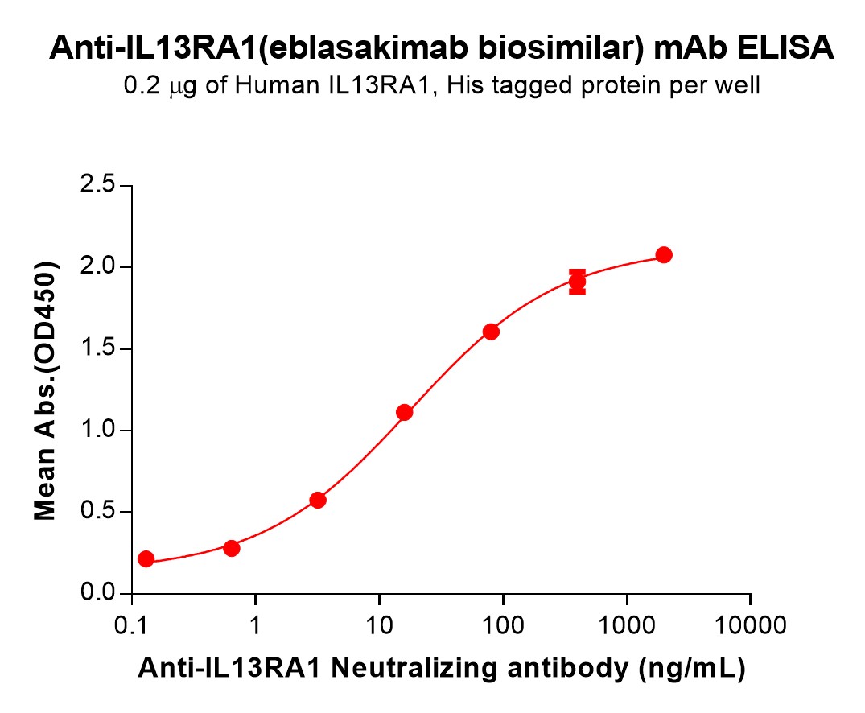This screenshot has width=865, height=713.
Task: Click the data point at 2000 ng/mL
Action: (664, 255)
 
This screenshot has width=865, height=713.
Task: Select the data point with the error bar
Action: (577, 282)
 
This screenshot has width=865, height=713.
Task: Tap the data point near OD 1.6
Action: (491, 332)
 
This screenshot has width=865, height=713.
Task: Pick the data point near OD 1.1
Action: (405, 412)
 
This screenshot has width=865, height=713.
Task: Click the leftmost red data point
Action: (146, 558)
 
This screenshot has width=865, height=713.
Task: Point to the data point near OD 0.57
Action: (318, 500)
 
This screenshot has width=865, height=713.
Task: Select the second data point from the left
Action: (232, 548)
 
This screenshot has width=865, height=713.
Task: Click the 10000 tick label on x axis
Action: (750, 624)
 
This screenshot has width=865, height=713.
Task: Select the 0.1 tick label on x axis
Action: (131, 624)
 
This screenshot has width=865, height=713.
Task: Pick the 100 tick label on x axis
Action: (503, 624)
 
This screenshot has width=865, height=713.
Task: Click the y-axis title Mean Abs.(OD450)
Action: (46, 390)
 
